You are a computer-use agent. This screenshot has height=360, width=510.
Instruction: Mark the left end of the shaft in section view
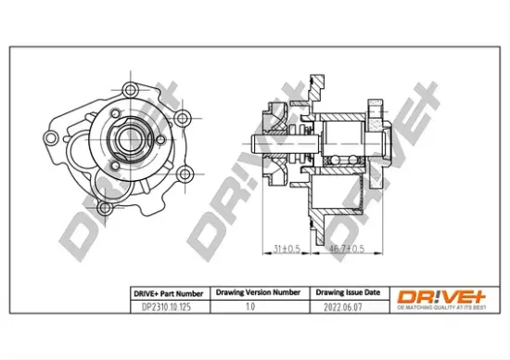(253, 146)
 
